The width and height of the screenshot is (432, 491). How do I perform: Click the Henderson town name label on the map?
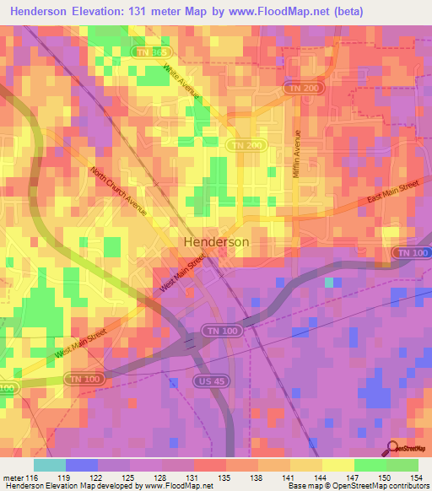click(x=216, y=241)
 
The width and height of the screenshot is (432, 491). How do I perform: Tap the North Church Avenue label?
click(x=120, y=192)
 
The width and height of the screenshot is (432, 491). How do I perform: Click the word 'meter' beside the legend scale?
click(x=13, y=477)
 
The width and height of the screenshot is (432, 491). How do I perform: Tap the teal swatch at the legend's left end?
click(x=50, y=465)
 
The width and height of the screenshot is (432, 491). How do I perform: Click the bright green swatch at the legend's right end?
click(x=402, y=465)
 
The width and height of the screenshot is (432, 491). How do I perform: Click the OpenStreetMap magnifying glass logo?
click(x=394, y=448)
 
